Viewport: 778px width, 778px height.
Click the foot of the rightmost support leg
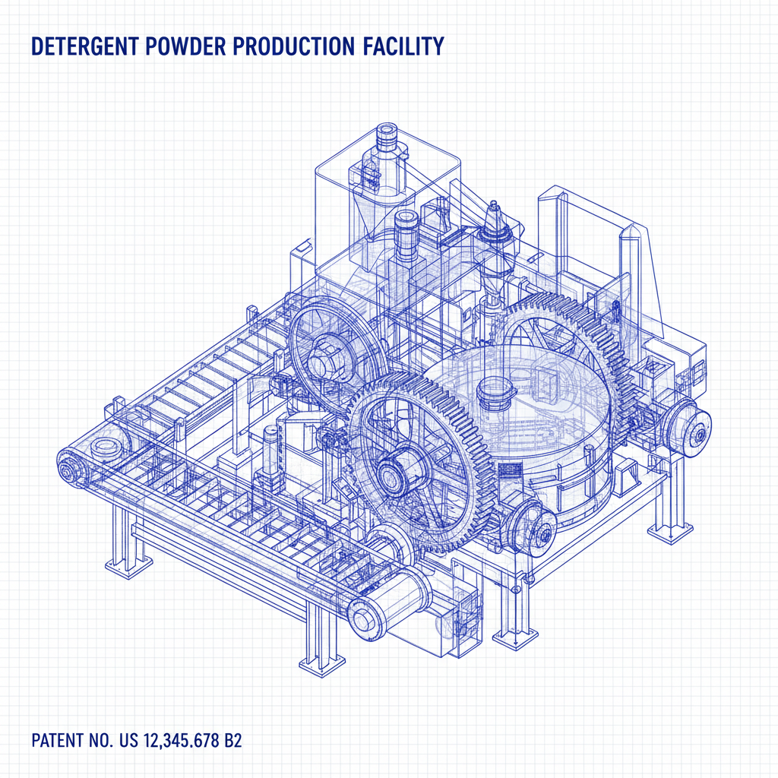[669, 531]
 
